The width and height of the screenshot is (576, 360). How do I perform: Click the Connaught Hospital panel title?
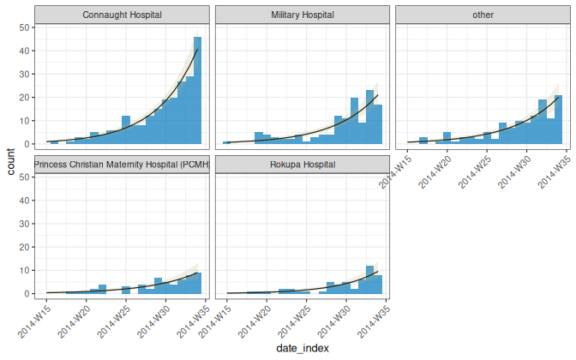(x=123, y=15)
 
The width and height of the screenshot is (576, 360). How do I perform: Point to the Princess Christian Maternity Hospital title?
(x=123, y=165)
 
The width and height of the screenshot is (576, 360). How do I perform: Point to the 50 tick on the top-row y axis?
(x=25, y=27)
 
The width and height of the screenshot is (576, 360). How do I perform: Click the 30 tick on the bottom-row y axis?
(x=25, y=224)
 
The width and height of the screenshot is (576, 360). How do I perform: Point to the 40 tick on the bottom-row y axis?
(x=25, y=201)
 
